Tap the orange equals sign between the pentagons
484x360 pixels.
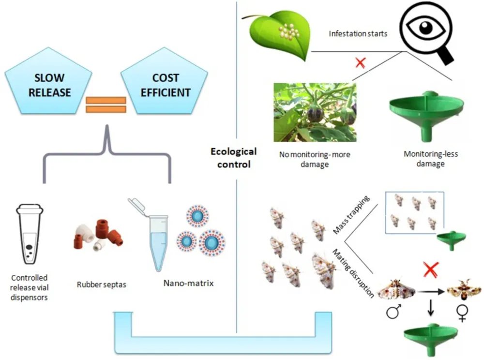pyautogui.click(x=106, y=105)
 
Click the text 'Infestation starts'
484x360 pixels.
pyautogui.click(x=358, y=34)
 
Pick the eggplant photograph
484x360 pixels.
pyautogui.click(x=315, y=112)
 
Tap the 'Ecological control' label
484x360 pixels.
pyautogui.click(x=233, y=158)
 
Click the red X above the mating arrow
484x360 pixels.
pyautogui.click(x=430, y=270)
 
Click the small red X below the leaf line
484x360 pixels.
pyautogui.click(x=360, y=63)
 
